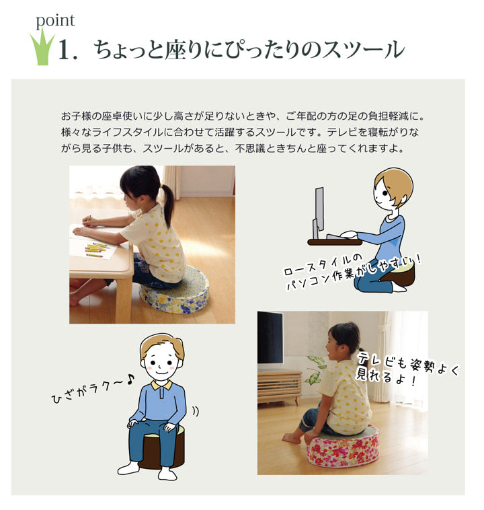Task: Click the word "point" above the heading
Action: tap(55, 20)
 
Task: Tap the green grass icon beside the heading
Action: tap(42, 51)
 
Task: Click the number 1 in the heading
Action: tap(65, 52)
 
